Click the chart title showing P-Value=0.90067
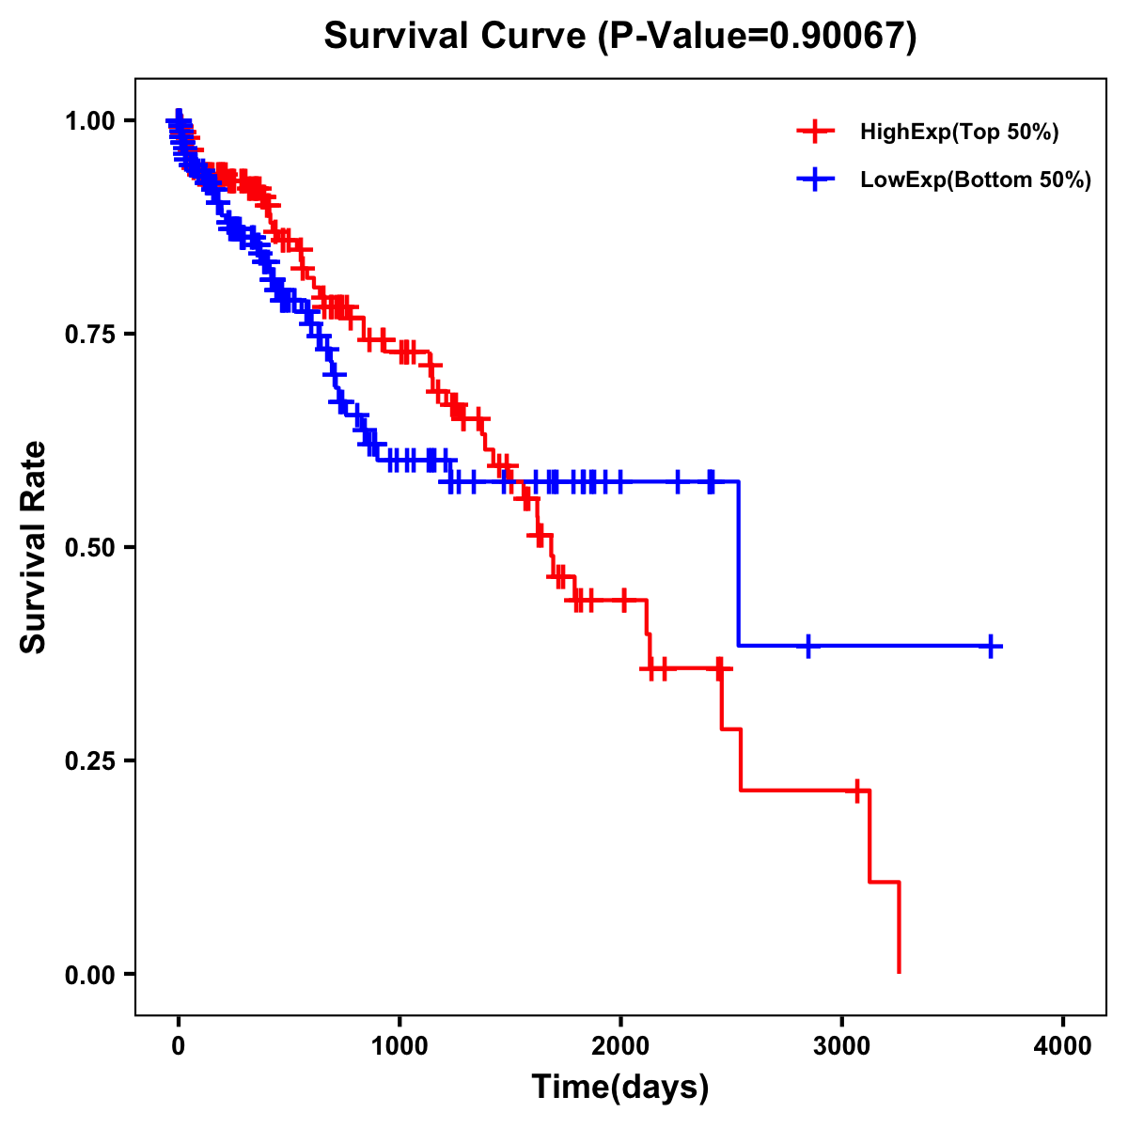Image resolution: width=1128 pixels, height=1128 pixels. pyautogui.click(x=619, y=36)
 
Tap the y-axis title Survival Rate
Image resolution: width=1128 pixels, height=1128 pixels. pyautogui.click(x=34, y=546)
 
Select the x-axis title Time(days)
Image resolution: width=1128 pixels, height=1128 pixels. pyautogui.click(x=620, y=1088)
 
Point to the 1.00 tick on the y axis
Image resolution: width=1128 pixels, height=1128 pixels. pyautogui.click(x=93, y=120)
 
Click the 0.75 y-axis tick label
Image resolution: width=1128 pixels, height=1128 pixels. pyautogui.click(x=93, y=334)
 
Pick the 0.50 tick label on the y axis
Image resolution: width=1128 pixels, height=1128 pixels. pyautogui.click(x=93, y=547)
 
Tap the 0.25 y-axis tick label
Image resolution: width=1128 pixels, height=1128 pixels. pyautogui.click(x=93, y=760)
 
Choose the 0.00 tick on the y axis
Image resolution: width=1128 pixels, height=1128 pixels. pyautogui.click(x=93, y=974)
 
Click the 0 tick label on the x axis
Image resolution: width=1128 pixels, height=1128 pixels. pyautogui.click(x=179, y=1045)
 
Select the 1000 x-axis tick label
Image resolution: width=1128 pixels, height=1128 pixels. pyautogui.click(x=399, y=1045)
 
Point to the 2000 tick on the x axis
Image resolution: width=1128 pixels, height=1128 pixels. pyautogui.click(x=620, y=1045)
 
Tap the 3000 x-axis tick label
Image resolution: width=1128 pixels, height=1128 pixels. pyautogui.click(x=842, y=1045)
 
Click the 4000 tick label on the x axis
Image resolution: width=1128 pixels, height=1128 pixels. pyautogui.click(x=1063, y=1045)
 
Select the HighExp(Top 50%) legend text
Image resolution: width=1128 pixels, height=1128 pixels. pyautogui.click(x=960, y=133)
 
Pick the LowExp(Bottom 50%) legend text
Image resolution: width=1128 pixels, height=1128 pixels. pyautogui.click(x=976, y=180)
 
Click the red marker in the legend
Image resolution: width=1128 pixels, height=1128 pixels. pyautogui.click(x=815, y=133)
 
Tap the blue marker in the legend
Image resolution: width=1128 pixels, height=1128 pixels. pyautogui.click(x=815, y=180)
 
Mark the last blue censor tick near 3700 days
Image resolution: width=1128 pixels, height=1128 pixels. pyautogui.click(x=991, y=647)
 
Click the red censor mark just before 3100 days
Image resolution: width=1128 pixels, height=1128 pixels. pyautogui.click(x=857, y=791)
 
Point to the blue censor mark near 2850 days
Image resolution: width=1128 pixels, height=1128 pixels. pyautogui.click(x=807, y=647)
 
